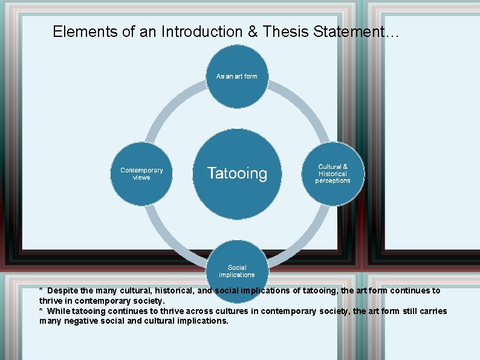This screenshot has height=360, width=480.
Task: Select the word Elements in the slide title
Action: (x=78, y=31)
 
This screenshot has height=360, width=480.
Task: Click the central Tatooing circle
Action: (x=237, y=174)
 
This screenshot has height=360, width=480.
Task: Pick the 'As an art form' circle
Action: (x=237, y=76)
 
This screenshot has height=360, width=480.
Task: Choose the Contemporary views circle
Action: (x=141, y=174)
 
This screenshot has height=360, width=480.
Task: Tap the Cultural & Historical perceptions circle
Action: (x=332, y=174)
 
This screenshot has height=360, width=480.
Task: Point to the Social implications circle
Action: (x=237, y=270)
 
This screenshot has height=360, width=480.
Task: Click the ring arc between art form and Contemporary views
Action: (x=170, y=109)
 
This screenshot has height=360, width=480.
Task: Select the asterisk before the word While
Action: (x=41, y=311)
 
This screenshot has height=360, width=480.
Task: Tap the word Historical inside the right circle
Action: (x=332, y=174)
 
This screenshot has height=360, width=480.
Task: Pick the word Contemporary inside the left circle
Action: (x=141, y=170)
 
